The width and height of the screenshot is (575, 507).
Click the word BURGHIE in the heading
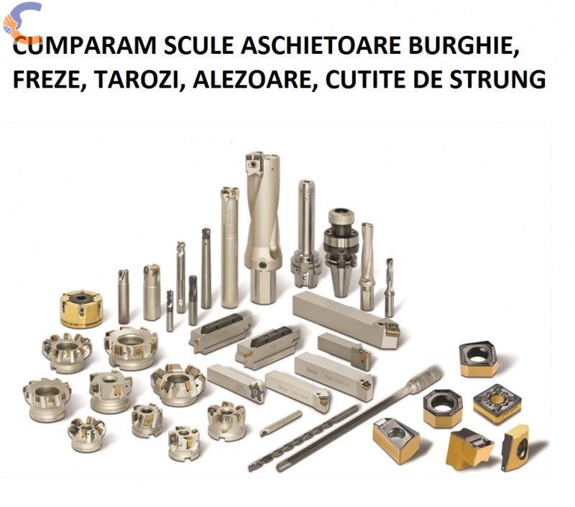(x=463, y=46)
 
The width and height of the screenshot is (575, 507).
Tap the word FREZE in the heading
(x=47, y=80)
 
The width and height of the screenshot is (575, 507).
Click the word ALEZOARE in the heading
(x=252, y=80)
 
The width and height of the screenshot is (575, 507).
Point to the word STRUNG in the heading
(x=498, y=80)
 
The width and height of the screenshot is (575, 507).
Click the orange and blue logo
(x=22, y=22)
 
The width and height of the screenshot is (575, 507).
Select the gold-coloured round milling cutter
(x=81, y=309)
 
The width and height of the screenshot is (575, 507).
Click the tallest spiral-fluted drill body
(x=262, y=227)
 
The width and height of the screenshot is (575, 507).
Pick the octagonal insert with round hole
(x=443, y=408)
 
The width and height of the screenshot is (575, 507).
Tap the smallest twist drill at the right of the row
(x=390, y=288)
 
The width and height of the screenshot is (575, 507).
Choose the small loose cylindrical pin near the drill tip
(x=281, y=423)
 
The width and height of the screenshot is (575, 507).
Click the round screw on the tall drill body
(x=262, y=265)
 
